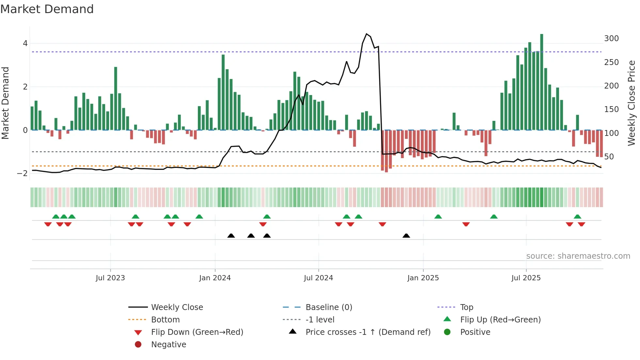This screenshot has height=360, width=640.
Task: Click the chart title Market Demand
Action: click(x=47, y=9)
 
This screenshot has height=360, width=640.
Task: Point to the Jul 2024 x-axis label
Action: click(x=318, y=278)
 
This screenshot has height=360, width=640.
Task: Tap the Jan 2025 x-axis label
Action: click(x=423, y=278)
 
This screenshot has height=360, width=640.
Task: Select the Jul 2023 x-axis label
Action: click(x=110, y=278)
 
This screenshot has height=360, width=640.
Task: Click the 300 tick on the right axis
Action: click(x=611, y=39)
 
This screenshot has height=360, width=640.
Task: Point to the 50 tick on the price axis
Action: click(x=609, y=157)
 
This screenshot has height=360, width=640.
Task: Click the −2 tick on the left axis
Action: click(x=23, y=173)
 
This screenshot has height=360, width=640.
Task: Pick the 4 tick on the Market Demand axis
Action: click(x=25, y=43)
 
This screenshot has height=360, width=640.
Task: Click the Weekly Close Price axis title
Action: click(x=632, y=103)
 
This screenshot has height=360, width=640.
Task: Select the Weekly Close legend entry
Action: click(x=177, y=307)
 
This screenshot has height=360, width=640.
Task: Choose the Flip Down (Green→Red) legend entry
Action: click(x=197, y=332)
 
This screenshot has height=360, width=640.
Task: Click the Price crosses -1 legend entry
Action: click(x=368, y=332)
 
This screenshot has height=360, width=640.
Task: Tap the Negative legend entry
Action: click(x=168, y=345)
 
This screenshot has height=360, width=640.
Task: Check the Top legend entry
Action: click(x=467, y=307)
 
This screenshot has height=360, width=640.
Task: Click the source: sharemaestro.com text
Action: click(x=578, y=256)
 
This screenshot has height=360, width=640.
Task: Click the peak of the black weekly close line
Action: click(x=366, y=34)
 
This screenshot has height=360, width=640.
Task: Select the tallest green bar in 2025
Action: click(x=542, y=82)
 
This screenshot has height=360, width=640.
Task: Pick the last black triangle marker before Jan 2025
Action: click(x=406, y=236)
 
